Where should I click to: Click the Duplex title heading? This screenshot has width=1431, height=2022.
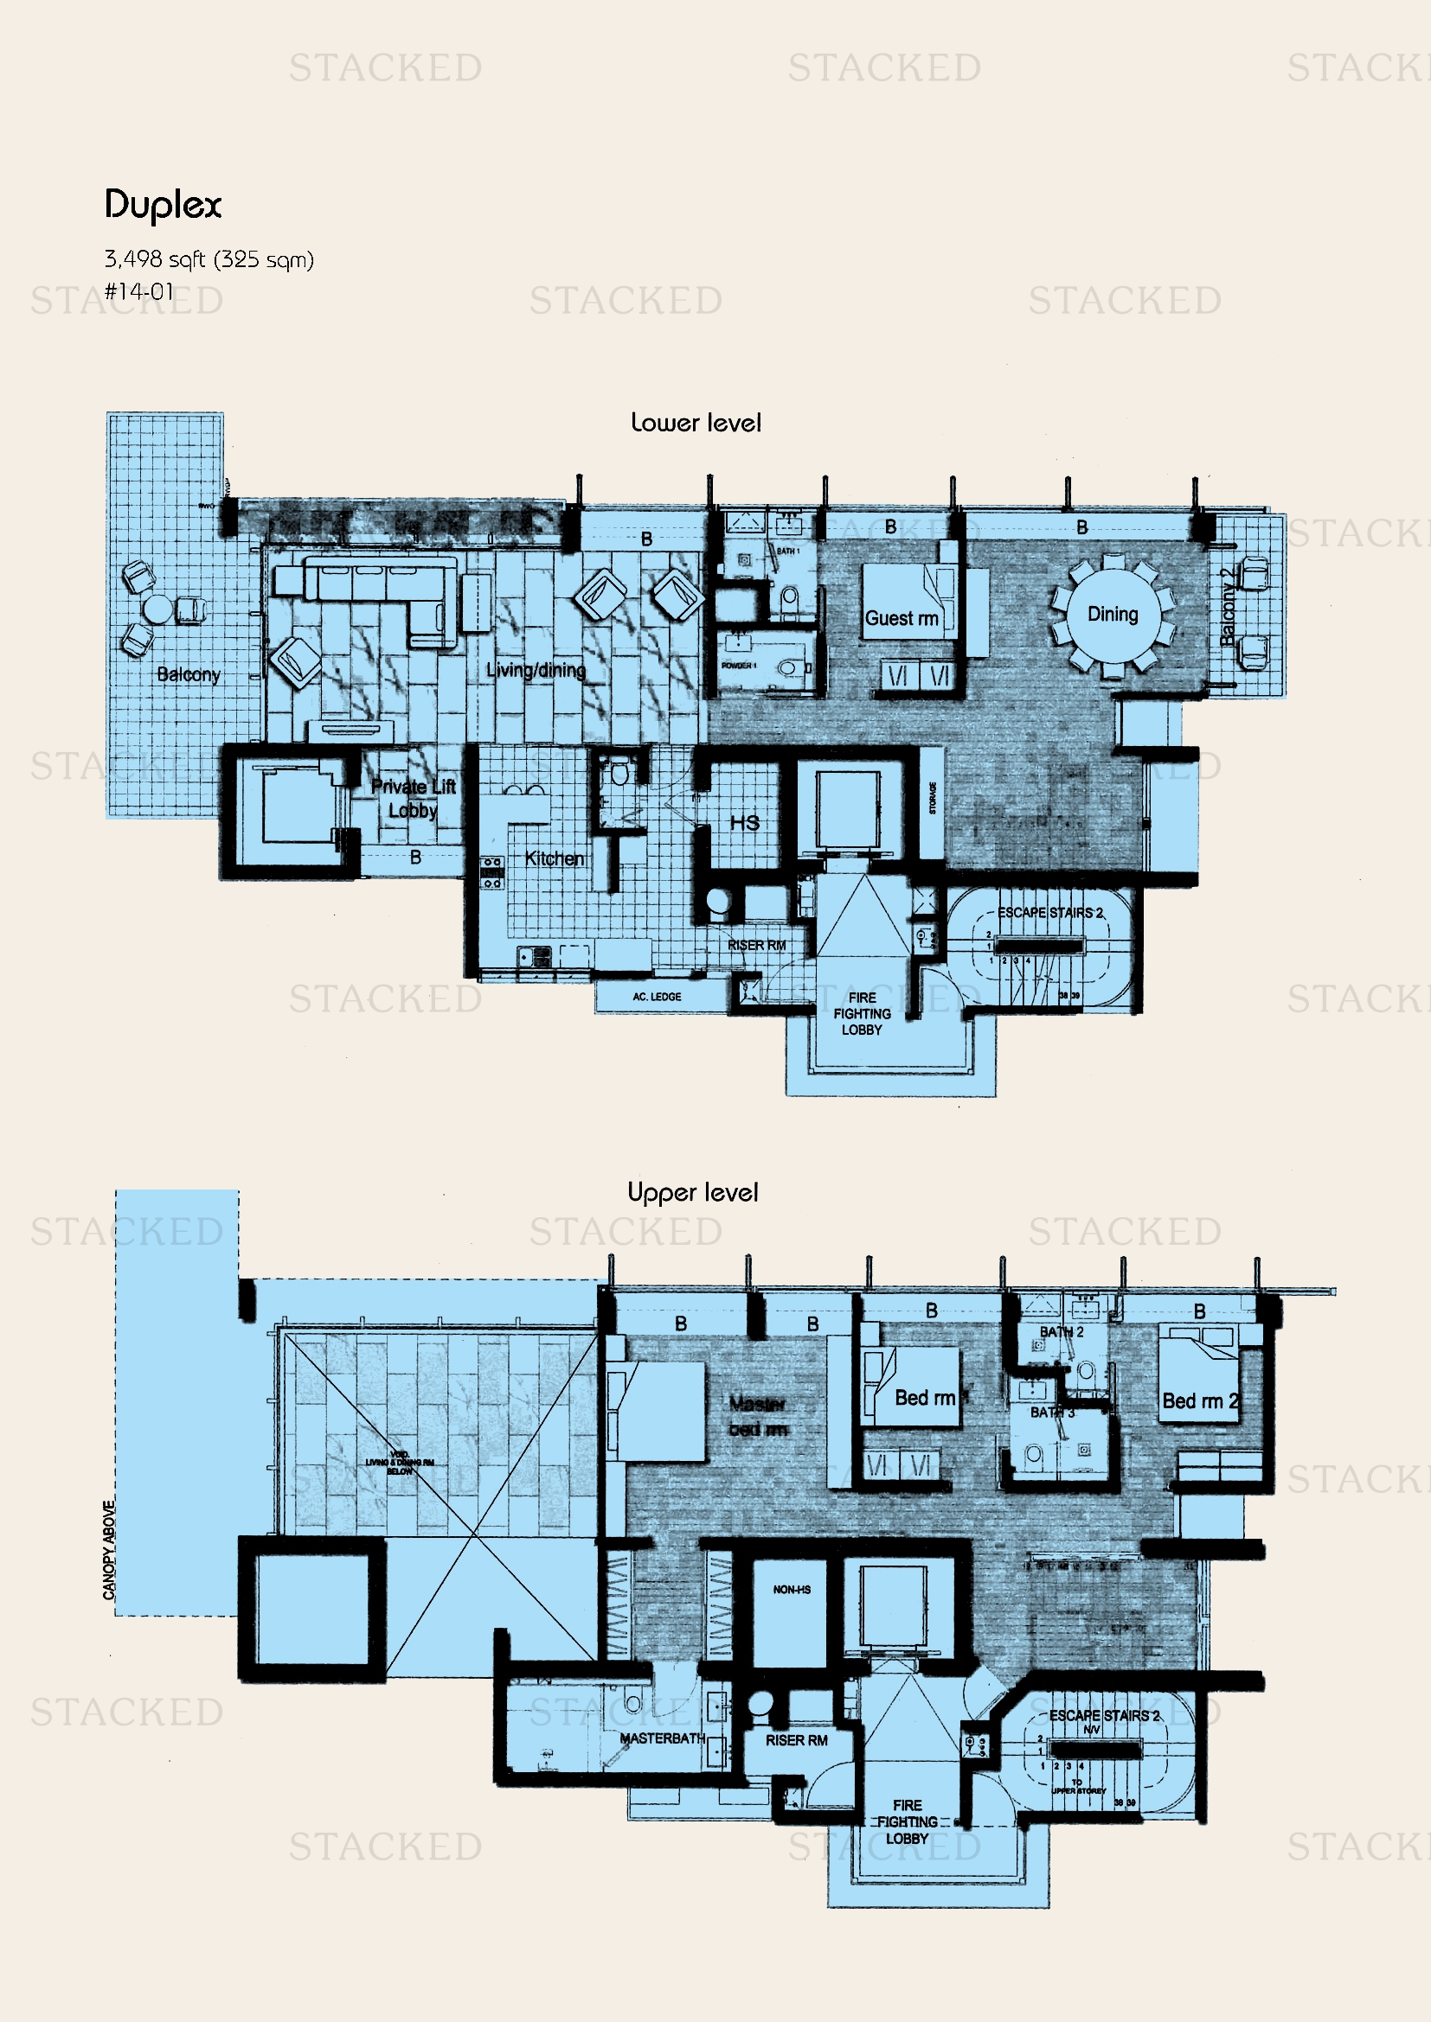[x=163, y=205]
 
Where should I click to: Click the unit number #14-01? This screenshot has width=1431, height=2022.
[x=139, y=291]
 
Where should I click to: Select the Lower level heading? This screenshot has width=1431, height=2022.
[x=696, y=423]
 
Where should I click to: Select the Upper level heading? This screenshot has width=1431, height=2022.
[x=693, y=1192]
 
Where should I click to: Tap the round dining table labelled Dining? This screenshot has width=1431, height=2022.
[x=1112, y=614]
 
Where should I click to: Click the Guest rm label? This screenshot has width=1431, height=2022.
[x=901, y=618]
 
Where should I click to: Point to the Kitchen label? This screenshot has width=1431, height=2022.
[x=555, y=858]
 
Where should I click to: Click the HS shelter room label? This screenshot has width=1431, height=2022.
[x=744, y=822]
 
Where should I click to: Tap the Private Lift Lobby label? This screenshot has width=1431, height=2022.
[x=413, y=798]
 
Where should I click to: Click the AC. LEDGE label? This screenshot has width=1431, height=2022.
[x=657, y=997]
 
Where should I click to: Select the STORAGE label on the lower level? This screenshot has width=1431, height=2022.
[x=934, y=797]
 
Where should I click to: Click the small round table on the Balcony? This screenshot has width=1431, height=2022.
[x=158, y=609]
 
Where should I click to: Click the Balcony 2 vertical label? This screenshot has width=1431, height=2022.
[x=1228, y=607]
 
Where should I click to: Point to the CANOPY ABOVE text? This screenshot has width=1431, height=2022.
[x=109, y=1550]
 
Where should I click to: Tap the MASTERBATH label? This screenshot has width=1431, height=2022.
[x=662, y=1738]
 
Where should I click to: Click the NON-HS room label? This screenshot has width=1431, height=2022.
[x=792, y=1590]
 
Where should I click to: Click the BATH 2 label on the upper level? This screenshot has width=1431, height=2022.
[x=1061, y=1331]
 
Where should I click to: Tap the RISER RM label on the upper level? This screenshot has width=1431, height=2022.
[x=796, y=1740]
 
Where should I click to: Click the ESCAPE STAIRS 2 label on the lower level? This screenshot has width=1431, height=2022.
[x=1049, y=912]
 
